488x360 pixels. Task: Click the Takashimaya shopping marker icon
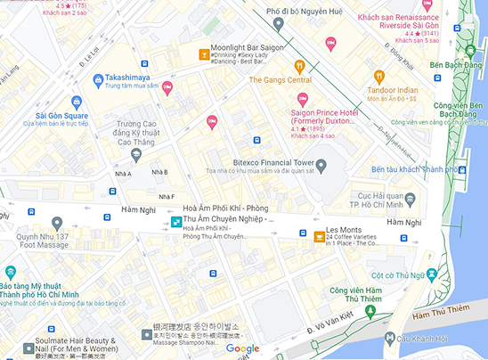point(84,78)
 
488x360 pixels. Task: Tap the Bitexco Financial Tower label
point(273,163)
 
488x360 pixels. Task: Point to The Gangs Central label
point(281,80)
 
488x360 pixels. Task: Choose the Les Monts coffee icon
point(319,237)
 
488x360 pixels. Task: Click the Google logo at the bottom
point(242,348)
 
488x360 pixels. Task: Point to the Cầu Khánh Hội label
point(427,339)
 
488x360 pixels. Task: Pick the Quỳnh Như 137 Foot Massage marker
point(58,223)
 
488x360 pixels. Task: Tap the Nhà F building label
point(167,196)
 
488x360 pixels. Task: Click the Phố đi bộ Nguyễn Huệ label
point(304,11)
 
